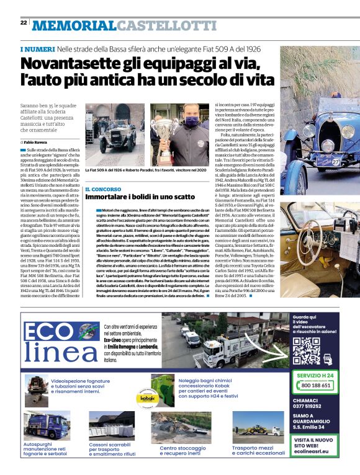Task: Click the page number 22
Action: coord(23,22)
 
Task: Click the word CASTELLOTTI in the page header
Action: coord(166,25)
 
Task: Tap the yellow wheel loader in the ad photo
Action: coord(260,428)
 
